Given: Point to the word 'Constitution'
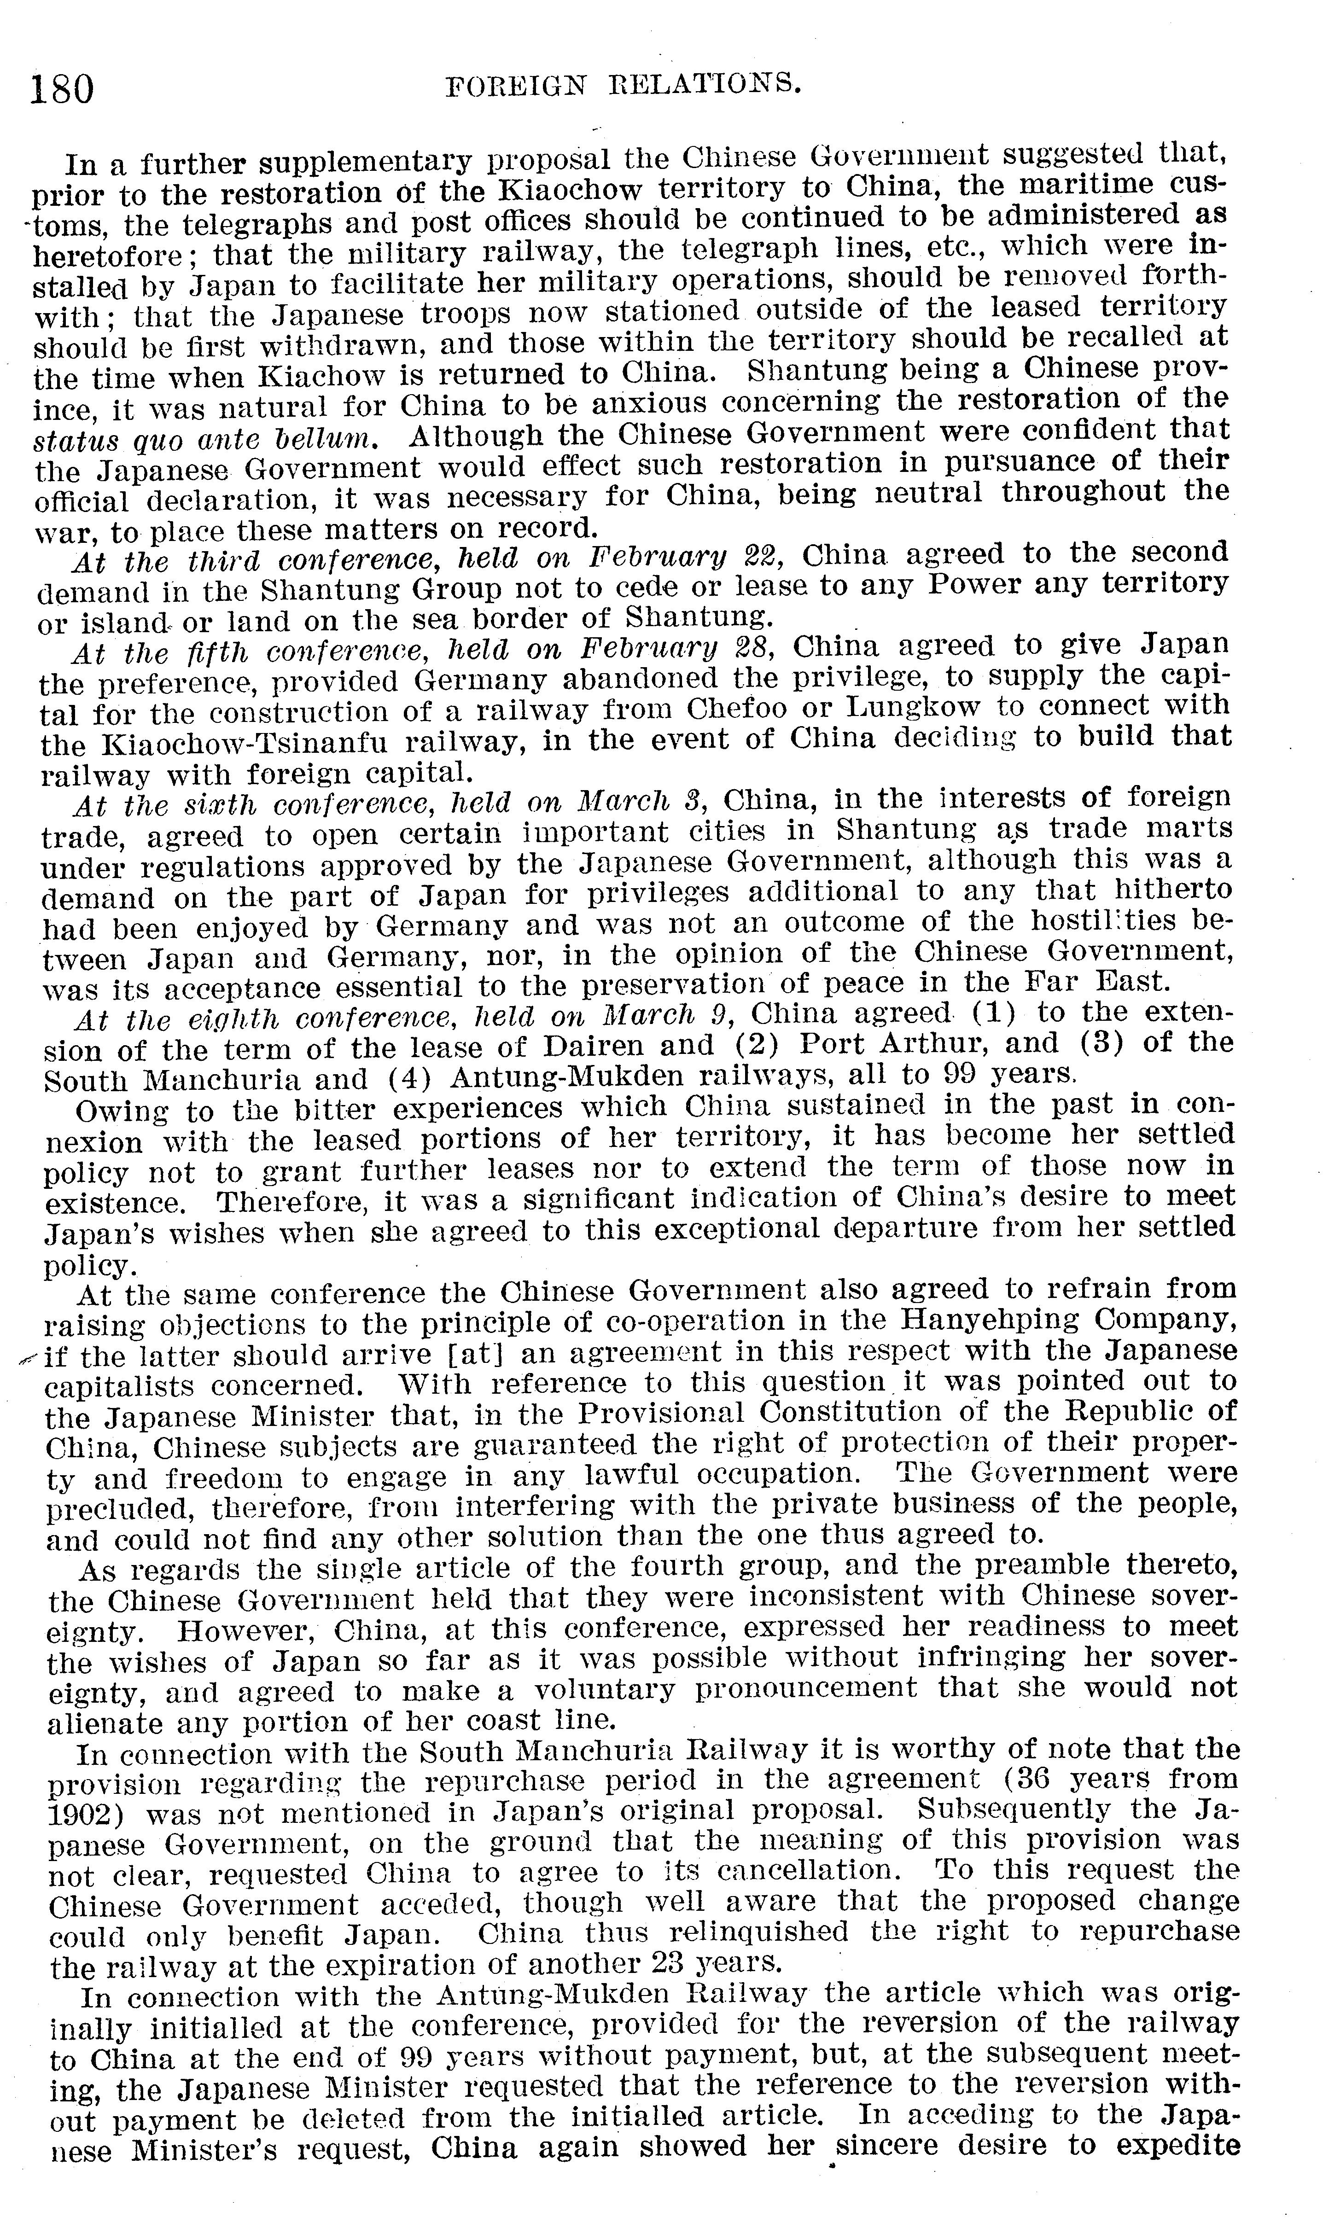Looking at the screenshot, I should [x=842, y=1414].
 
